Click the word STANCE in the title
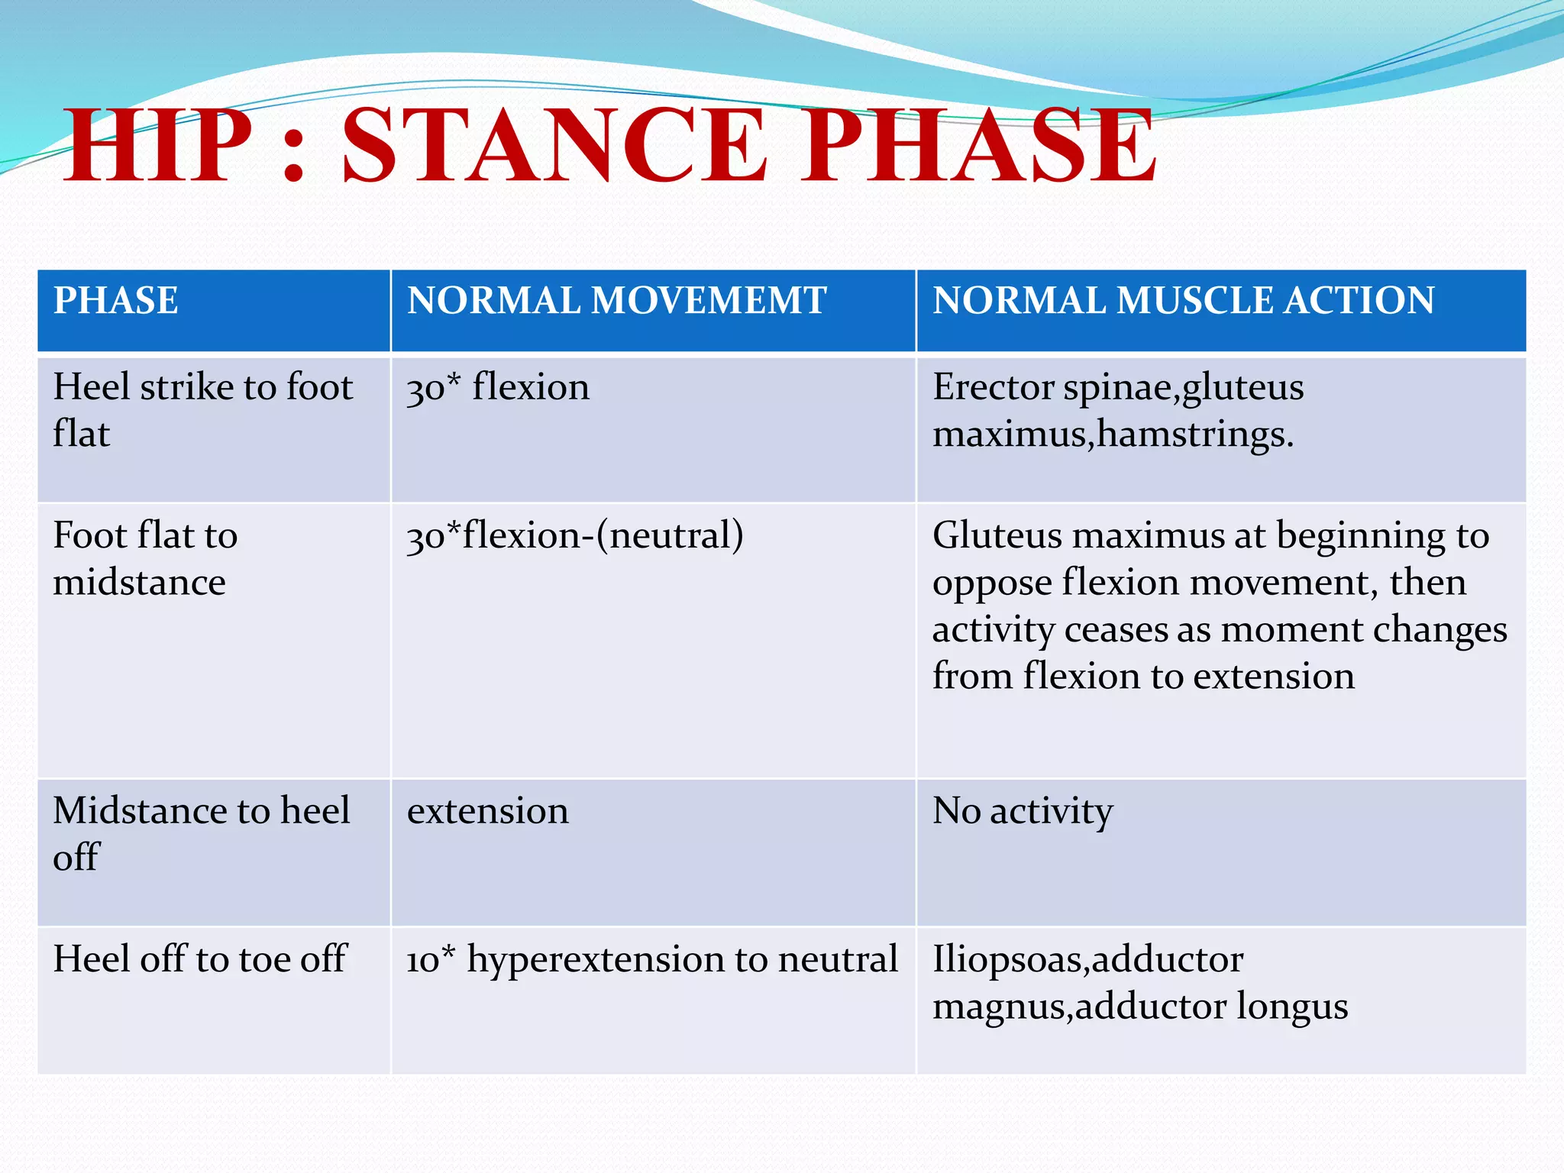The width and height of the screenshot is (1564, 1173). click(x=553, y=147)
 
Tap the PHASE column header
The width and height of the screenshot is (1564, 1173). click(x=116, y=301)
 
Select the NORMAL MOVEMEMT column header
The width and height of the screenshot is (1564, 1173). click(x=616, y=301)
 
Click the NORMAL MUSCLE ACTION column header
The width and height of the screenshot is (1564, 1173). click(x=1183, y=301)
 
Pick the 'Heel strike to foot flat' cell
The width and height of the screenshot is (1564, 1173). click(x=202, y=410)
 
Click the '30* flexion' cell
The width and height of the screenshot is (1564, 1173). click(x=498, y=387)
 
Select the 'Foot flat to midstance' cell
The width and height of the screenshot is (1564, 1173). click(x=145, y=558)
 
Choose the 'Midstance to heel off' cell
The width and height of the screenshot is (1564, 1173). click(x=201, y=833)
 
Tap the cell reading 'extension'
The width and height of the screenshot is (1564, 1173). click(x=488, y=811)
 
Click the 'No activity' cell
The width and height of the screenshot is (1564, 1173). click(x=1023, y=811)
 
